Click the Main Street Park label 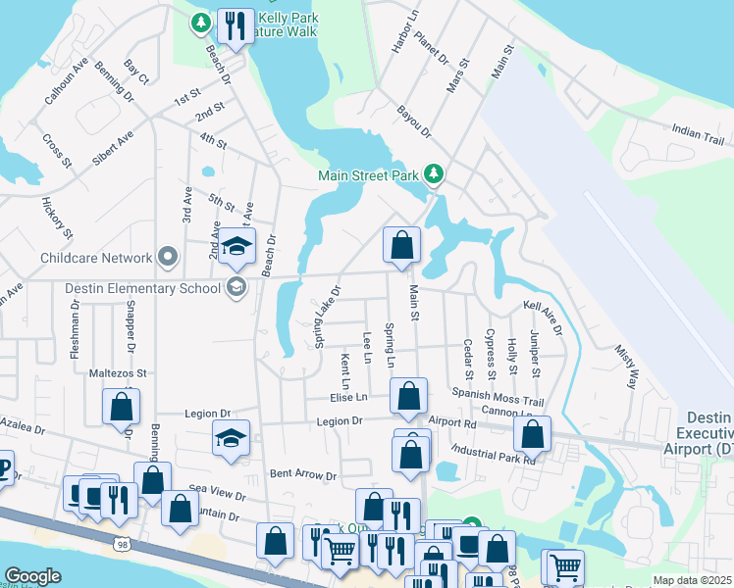click(x=369, y=176)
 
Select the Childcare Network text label click(x=96, y=259)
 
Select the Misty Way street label click(x=625, y=365)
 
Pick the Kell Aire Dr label click(x=543, y=318)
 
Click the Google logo click(x=32, y=576)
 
